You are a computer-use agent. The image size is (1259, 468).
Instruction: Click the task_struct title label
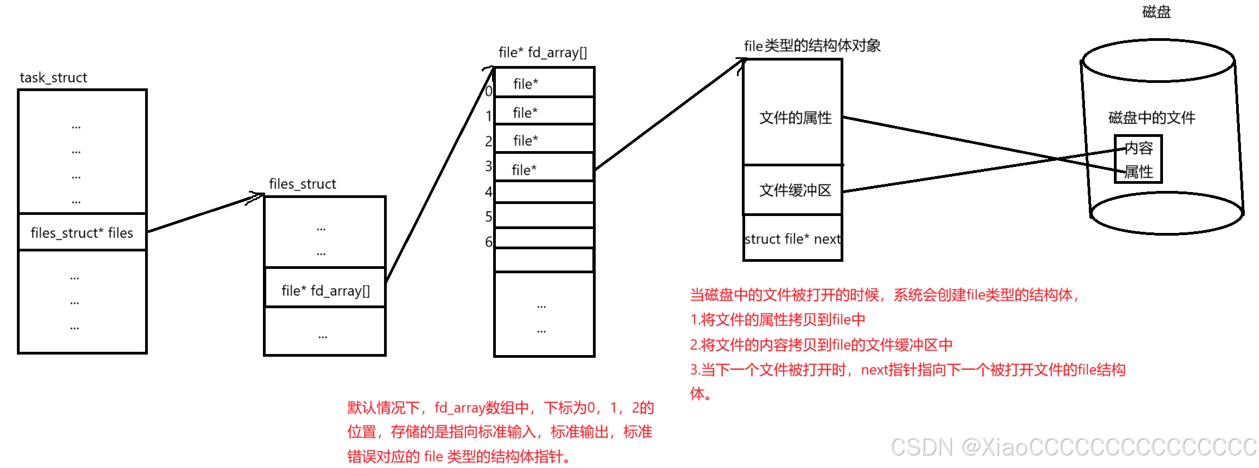[x=53, y=77]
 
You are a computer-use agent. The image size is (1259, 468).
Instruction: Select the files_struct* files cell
[x=82, y=233]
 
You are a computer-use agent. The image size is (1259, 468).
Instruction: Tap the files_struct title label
[x=302, y=184]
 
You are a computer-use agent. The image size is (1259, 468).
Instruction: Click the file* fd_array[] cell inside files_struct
[x=325, y=290]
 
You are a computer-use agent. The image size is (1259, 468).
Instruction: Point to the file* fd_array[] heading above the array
[x=543, y=52]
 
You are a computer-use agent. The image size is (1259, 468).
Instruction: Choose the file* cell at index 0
[x=544, y=83]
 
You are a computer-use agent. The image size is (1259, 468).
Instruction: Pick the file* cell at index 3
[x=544, y=169]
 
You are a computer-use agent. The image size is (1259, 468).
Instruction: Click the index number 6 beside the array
[x=489, y=242]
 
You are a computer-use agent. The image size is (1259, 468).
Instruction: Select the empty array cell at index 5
[x=544, y=216]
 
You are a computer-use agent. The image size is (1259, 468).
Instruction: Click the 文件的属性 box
[x=794, y=117]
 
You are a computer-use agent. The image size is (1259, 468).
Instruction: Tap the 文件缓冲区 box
[x=794, y=190]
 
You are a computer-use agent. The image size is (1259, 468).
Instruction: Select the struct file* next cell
[x=793, y=239]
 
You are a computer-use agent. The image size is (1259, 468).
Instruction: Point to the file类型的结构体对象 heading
[x=812, y=46]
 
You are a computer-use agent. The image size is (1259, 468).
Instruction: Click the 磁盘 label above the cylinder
[x=1156, y=12]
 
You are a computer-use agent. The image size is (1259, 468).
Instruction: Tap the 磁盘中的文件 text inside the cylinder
[x=1151, y=117]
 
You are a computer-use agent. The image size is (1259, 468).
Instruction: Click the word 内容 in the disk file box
[x=1139, y=148]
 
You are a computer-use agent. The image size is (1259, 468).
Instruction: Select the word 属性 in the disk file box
[x=1139, y=172]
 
